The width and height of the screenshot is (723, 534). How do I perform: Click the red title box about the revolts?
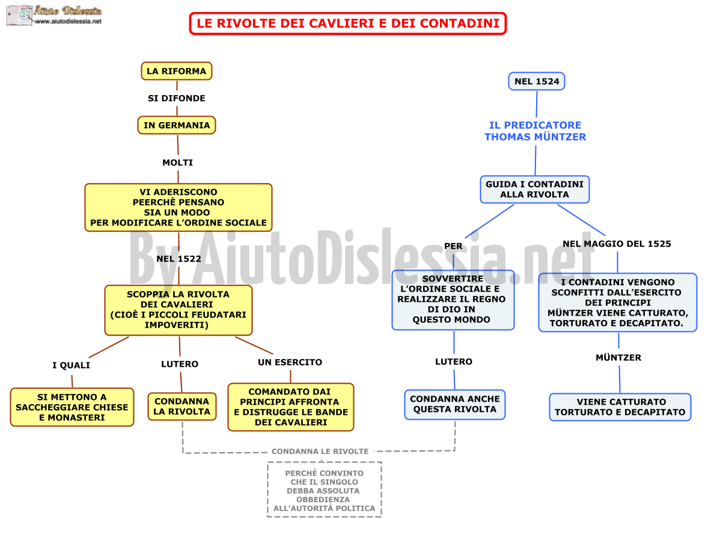click(x=347, y=23)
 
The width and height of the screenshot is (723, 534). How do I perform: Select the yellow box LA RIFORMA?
click(x=176, y=71)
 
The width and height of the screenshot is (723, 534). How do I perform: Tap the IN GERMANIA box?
click(x=176, y=125)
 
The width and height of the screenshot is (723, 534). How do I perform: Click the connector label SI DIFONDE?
click(x=176, y=98)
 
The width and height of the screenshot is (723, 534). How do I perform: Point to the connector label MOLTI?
click(x=178, y=162)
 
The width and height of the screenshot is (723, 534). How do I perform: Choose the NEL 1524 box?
click(x=536, y=81)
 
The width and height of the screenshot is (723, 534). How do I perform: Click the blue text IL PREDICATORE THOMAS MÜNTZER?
click(x=535, y=131)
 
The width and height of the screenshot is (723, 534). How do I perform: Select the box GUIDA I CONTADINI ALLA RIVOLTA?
click(x=534, y=189)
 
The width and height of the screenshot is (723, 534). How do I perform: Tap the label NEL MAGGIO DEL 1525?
click(x=617, y=244)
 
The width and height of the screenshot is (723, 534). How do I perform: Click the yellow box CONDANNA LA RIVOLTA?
click(x=182, y=406)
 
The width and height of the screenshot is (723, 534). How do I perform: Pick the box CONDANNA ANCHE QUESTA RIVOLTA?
click(x=455, y=404)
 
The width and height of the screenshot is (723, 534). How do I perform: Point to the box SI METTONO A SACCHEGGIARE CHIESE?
click(x=72, y=407)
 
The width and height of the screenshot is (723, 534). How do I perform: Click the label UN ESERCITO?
click(x=290, y=362)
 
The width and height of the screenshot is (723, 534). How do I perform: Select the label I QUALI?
click(x=71, y=365)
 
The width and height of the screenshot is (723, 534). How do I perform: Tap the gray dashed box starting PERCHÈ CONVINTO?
click(x=325, y=489)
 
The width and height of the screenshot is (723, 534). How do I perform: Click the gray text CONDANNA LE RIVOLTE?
click(x=320, y=451)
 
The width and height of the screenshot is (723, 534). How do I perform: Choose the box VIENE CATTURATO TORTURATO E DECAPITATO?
click(x=620, y=407)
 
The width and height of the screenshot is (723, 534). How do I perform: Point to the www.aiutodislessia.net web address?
click(x=68, y=22)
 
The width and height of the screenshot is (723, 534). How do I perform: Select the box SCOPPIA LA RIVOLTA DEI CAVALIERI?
click(x=178, y=310)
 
